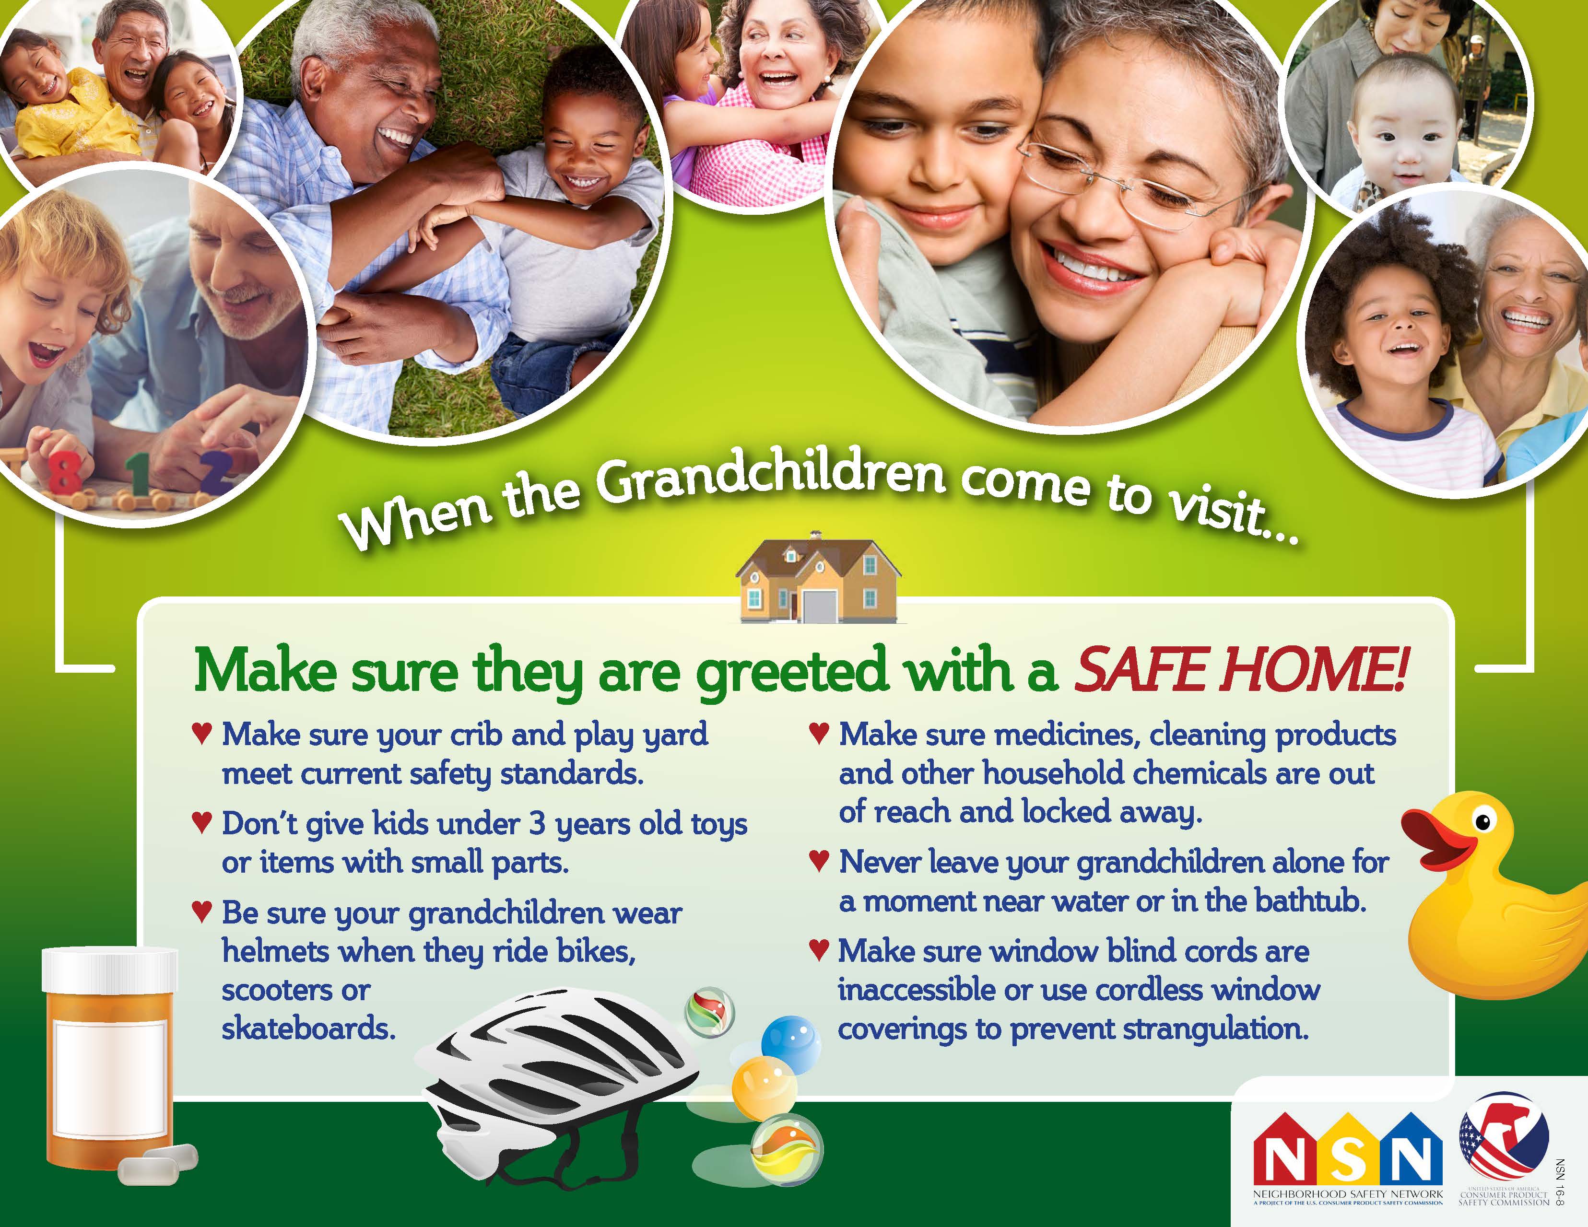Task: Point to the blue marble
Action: (x=790, y=1044)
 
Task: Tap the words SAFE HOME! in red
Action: (x=1240, y=669)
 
